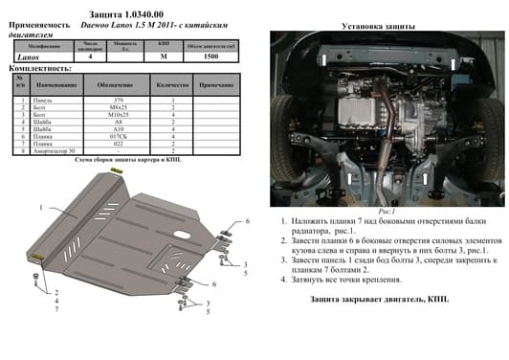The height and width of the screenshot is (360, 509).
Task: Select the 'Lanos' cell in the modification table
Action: pyautogui.click(x=29, y=57)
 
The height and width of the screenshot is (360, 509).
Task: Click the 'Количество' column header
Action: pyautogui.click(x=173, y=85)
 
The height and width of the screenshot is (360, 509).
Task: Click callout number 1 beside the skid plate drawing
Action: pyautogui.click(x=41, y=207)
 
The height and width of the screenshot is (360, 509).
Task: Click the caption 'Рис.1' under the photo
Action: pyautogui.click(x=387, y=211)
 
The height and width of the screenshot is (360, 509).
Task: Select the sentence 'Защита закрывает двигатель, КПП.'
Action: pyautogui.click(x=378, y=299)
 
